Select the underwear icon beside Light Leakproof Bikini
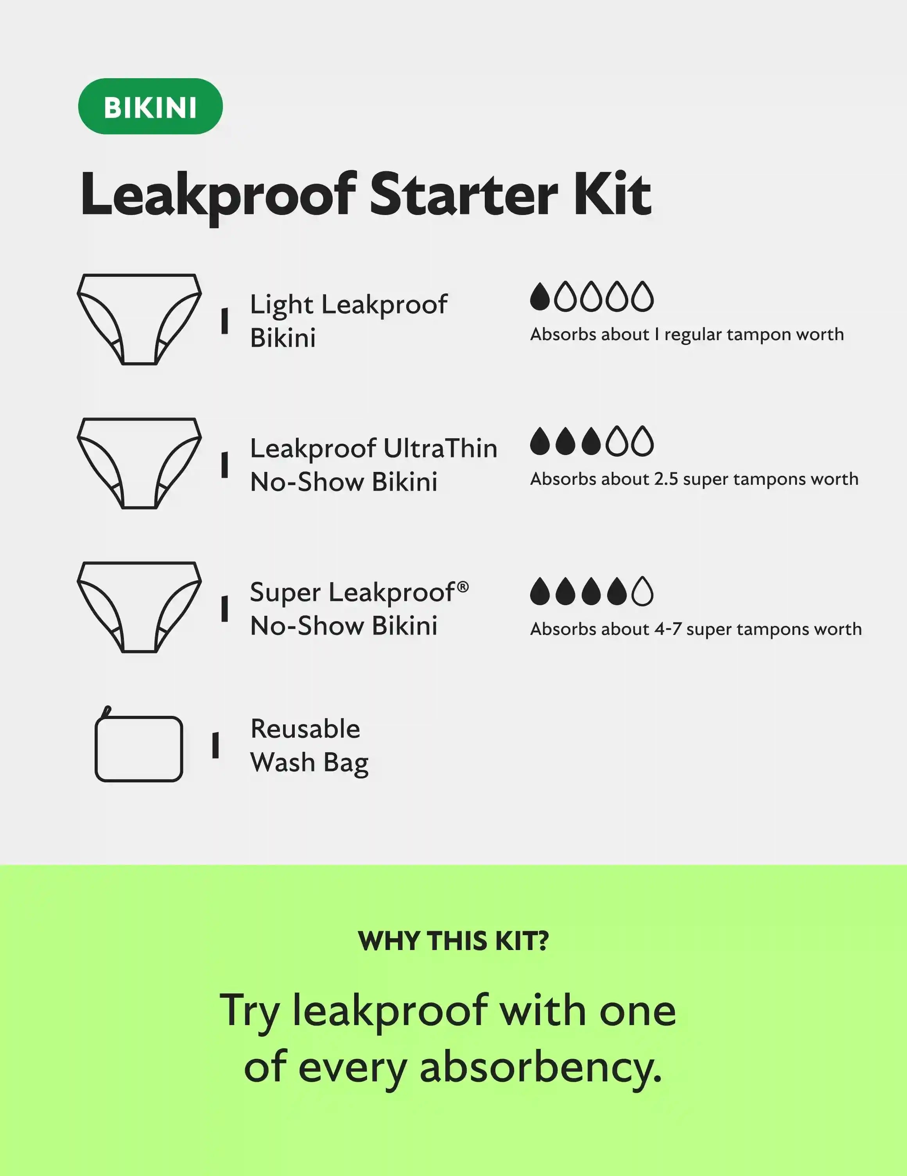click(140, 319)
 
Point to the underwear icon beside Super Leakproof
click(140, 608)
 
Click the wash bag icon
click(138, 744)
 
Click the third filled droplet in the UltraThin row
click(591, 441)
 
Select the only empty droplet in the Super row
click(643, 591)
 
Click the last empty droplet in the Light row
click(643, 297)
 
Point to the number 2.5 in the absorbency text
click(666, 479)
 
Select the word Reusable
click(305, 729)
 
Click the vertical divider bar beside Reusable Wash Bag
click(215, 745)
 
